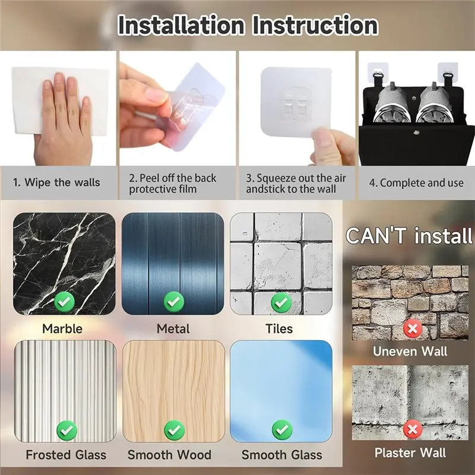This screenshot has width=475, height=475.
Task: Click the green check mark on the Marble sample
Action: pyautogui.click(x=65, y=302)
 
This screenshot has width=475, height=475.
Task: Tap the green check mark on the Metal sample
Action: pyautogui.click(x=174, y=302)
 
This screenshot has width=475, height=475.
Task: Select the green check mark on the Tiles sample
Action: pyautogui.click(x=281, y=302)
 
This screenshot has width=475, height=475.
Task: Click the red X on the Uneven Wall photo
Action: pyautogui.click(x=413, y=329)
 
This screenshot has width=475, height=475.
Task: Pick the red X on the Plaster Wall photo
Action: pyautogui.click(x=413, y=429)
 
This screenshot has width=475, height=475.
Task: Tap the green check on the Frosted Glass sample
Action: pyautogui.click(x=67, y=430)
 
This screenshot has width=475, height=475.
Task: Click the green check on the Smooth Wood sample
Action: pyautogui.click(x=174, y=430)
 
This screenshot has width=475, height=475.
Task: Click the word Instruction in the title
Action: pyautogui.click(x=315, y=25)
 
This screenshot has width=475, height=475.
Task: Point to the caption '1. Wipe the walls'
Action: pyautogui.click(x=56, y=183)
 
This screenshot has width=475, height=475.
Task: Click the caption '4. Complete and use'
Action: pyautogui.click(x=416, y=183)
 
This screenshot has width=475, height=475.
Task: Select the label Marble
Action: pyautogui.click(x=62, y=329)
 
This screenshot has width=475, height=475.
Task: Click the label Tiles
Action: pyautogui.click(x=279, y=329)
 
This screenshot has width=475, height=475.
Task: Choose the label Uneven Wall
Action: pyautogui.click(x=410, y=351)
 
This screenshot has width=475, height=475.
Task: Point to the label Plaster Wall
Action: pyautogui.click(x=410, y=452)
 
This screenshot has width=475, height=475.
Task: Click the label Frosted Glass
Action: pyautogui.click(x=66, y=455)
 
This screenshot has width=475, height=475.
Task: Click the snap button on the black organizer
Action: pyautogui.click(x=417, y=132)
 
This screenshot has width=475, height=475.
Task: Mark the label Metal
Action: pyautogui.click(x=173, y=329)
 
